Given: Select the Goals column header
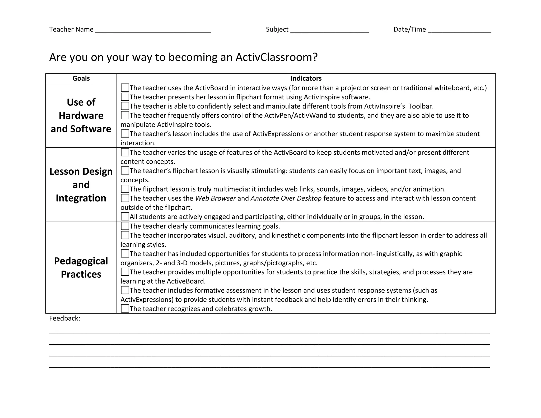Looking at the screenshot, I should pos(81,78).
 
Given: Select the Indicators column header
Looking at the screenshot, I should pos(306,78).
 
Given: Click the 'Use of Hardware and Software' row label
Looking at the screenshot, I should pos(81,115).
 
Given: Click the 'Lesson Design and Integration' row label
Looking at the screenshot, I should pos(81,184).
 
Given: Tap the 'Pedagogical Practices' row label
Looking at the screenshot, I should pos(81,267).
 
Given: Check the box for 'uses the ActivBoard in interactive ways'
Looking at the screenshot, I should pos(125,88).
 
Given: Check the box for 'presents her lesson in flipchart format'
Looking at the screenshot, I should pos(125,97).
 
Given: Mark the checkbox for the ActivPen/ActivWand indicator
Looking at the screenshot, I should pos(125,115).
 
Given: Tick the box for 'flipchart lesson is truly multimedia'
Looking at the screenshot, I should pos(125,189).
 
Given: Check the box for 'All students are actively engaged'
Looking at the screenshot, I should pos(125,217).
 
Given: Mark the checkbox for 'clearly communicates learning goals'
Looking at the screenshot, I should pos(125,226).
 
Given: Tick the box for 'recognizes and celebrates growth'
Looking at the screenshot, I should pos(125,309).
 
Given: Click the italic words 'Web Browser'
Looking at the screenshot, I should pos(215,198).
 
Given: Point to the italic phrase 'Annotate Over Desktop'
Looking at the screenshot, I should pos(286,198).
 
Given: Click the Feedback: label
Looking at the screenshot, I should pos(65,318).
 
